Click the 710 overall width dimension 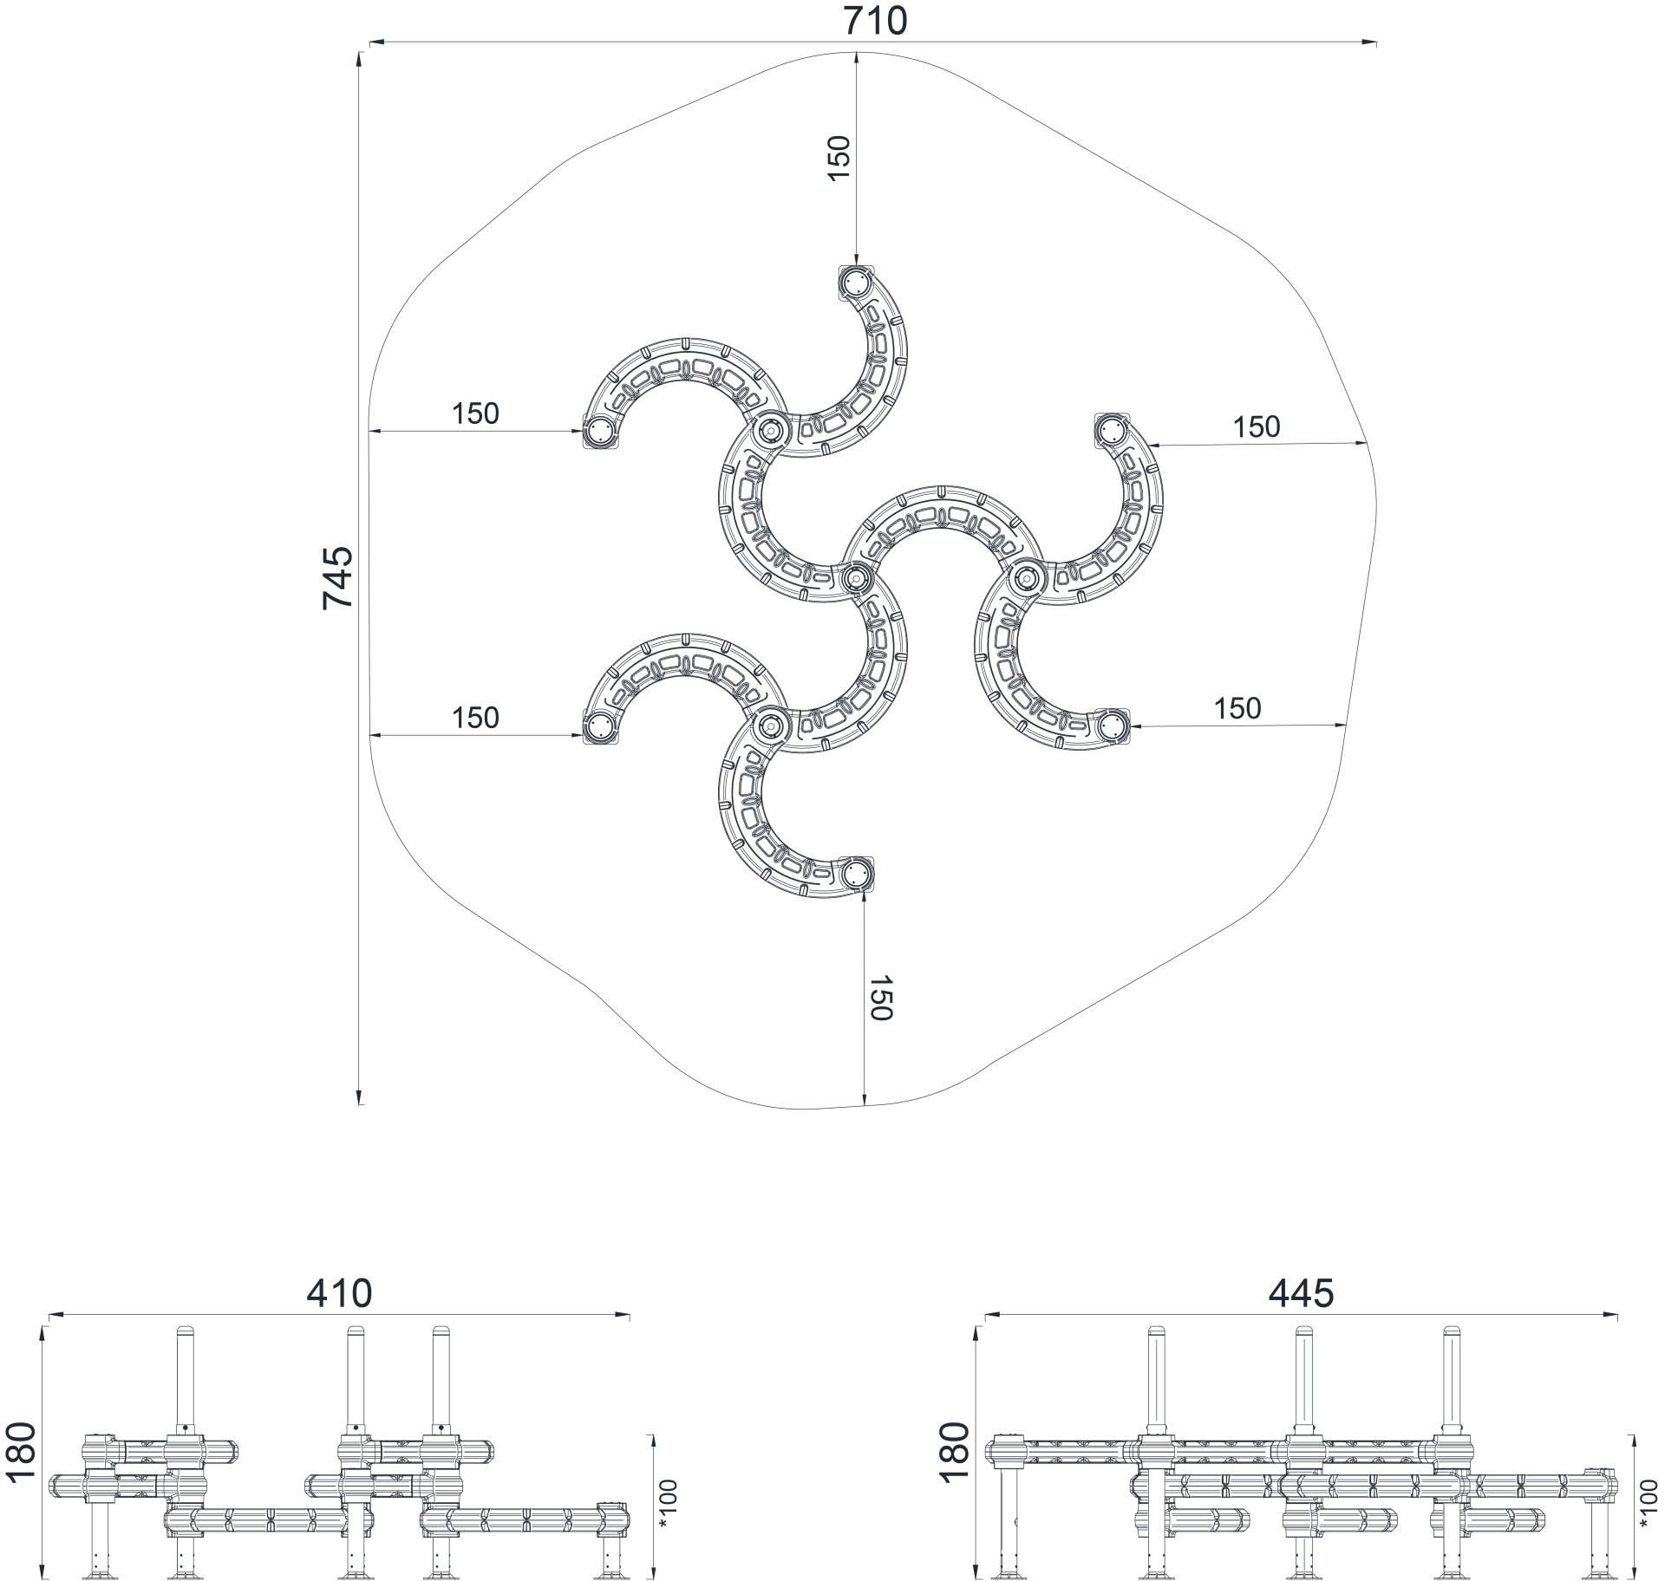[x=875, y=20]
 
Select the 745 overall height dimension [x=337, y=577]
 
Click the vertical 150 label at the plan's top [x=839, y=158]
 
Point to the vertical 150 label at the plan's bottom [x=880, y=998]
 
